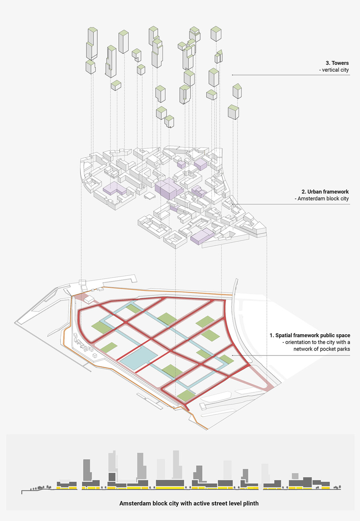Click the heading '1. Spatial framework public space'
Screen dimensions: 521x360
click(310, 335)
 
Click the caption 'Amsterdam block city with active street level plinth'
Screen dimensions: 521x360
click(189, 503)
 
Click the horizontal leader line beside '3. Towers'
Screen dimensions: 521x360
click(280, 75)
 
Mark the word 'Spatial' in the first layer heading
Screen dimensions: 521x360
click(285, 335)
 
